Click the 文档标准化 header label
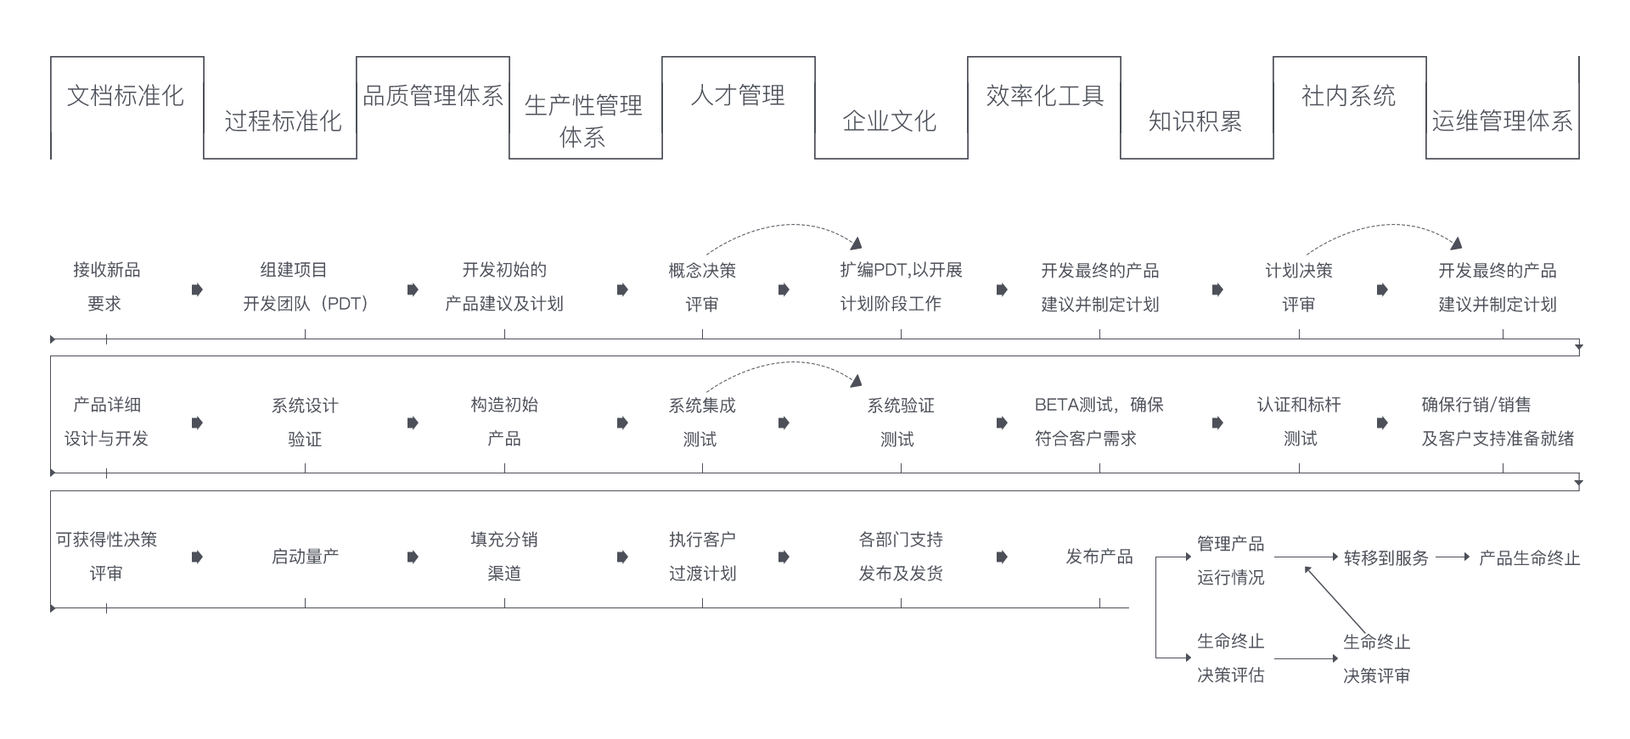click(126, 96)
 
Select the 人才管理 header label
click(737, 96)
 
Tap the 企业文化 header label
click(890, 121)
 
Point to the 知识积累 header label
click(1195, 121)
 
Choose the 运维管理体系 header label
click(1502, 121)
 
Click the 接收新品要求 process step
click(106, 287)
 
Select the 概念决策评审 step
click(702, 287)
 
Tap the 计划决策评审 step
click(1299, 287)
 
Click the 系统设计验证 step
click(305, 422)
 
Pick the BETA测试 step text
click(1099, 422)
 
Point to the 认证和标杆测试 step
click(1299, 422)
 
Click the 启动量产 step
click(305, 557)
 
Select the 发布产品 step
click(1099, 557)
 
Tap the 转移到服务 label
click(1386, 558)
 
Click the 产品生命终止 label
click(1529, 558)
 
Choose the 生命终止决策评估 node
click(1230, 658)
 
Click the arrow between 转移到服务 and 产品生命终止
click(1453, 557)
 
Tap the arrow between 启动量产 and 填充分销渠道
click(413, 557)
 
